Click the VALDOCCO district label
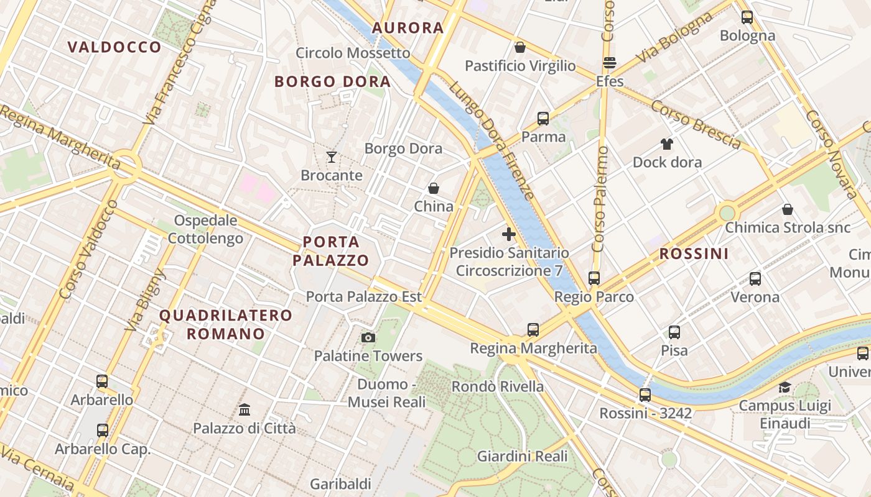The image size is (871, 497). [114, 47]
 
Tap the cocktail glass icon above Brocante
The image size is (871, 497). [332, 157]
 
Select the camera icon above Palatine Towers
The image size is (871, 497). [368, 337]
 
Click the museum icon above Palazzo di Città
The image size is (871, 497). [245, 410]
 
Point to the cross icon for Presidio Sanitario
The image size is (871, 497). [509, 234]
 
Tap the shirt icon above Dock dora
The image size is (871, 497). [667, 144]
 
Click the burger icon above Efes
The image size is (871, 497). [609, 63]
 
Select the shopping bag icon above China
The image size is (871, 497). [434, 188]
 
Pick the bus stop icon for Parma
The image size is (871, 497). [543, 118]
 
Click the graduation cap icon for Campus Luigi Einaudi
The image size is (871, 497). [785, 388]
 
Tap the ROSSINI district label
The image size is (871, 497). [694, 253]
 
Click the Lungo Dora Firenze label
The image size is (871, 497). [491, 140]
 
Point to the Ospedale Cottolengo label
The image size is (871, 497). [205, 229]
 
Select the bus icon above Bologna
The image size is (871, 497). [747, 17]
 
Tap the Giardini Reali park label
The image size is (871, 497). [522, 457]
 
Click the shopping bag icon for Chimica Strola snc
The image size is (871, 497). [788, 209]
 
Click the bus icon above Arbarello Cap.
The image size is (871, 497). [103, 430]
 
